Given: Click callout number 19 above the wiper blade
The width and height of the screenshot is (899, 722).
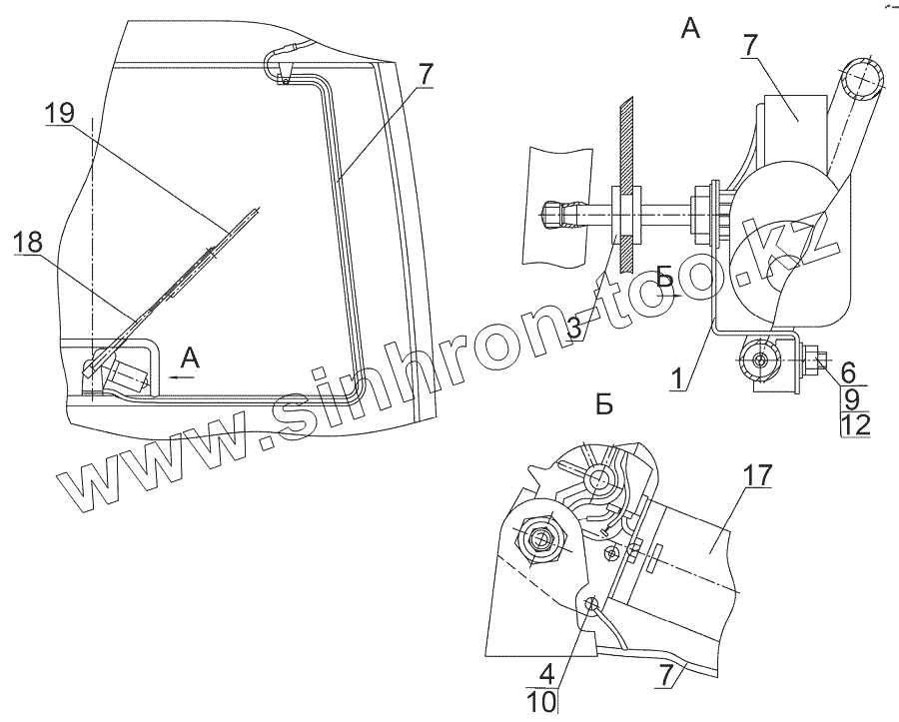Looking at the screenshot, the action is point(61,115).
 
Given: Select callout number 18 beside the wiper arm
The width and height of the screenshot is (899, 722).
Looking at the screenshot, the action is point(30,242).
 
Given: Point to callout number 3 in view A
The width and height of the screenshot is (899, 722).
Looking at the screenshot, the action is point(574,327).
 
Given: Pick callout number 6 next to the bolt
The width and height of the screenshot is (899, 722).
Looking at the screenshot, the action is point(848,370).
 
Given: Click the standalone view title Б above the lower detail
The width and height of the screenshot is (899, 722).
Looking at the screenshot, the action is point(602,404).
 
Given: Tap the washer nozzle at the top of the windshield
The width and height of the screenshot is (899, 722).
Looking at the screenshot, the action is point(284,70).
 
